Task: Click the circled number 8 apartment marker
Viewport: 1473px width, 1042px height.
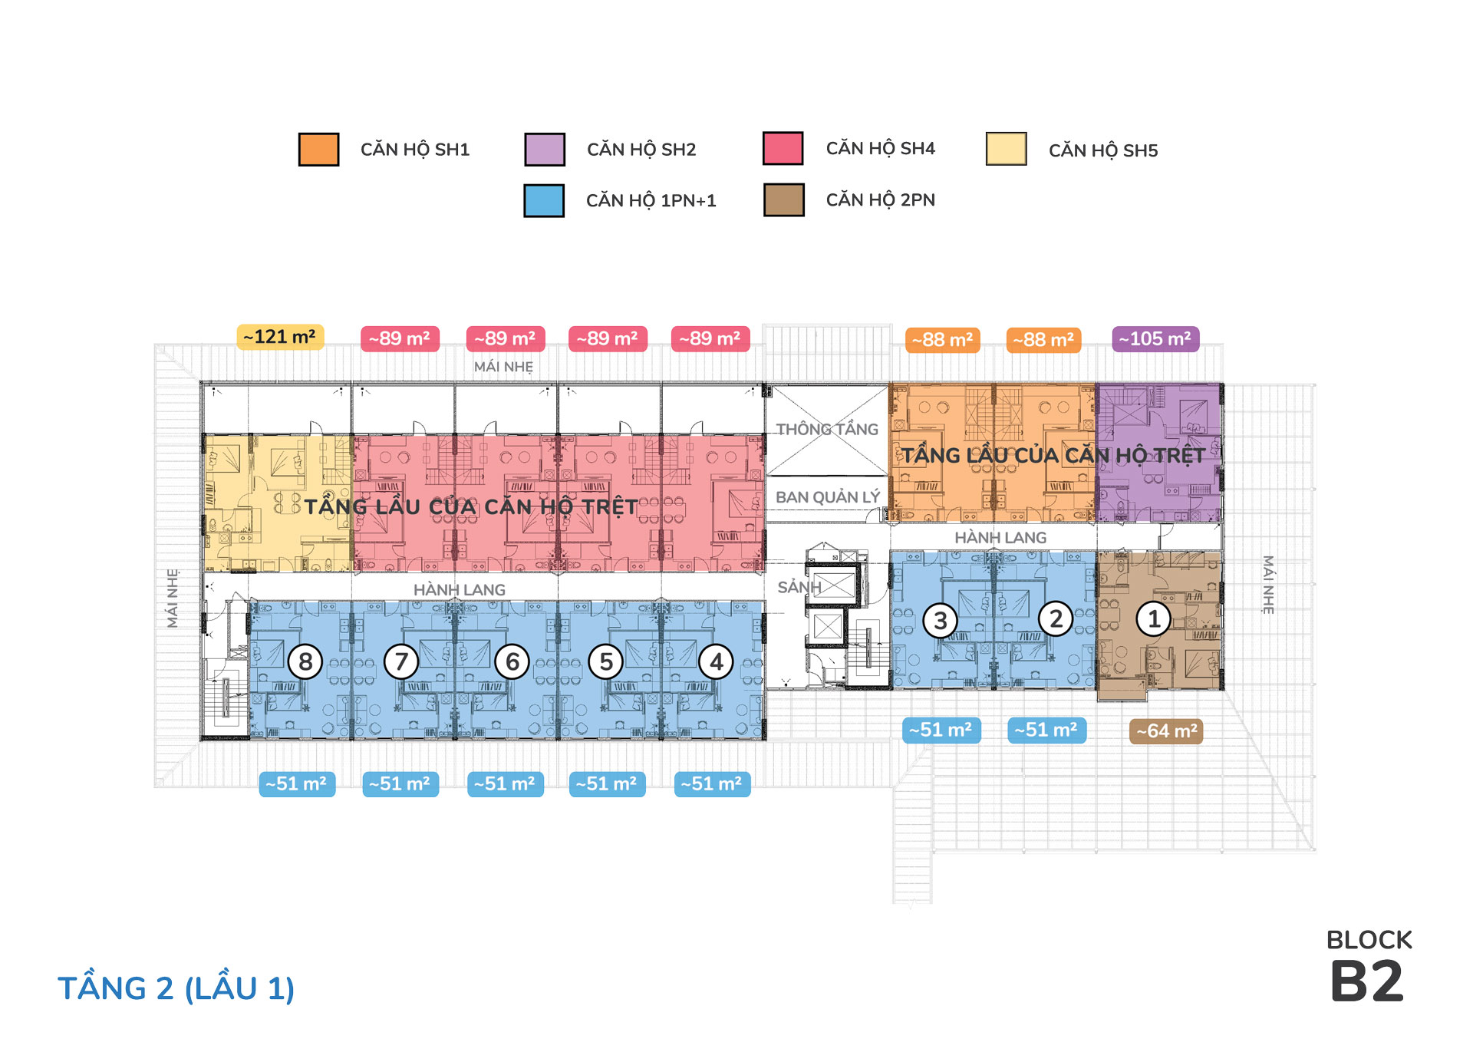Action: (305, 661)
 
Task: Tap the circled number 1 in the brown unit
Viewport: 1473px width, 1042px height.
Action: (1153, 618)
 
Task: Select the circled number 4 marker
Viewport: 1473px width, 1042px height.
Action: (717, 661)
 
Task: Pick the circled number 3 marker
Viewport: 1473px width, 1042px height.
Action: (941, 620)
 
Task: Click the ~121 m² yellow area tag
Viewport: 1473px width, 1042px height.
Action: (280, 337)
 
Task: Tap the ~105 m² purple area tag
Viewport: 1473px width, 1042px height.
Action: (1155, 338)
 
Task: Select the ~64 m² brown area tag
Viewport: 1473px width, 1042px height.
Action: (1166, 730)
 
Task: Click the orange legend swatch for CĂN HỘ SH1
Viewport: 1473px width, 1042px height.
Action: (318, 149)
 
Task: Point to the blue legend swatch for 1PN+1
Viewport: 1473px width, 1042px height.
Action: (544, 200)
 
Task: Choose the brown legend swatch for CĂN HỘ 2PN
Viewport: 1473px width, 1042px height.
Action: (784, 199)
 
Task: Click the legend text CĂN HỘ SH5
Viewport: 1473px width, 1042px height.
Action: (1103, 150)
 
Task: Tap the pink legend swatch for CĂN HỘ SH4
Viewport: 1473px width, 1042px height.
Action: (783, 148)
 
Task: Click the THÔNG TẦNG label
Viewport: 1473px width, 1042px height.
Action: (827, 429)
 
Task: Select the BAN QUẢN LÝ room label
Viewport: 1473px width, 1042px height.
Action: (828, 497)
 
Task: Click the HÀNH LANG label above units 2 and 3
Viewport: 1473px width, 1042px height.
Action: (1000, 538)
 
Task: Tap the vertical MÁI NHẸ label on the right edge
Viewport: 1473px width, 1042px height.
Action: (1268, 585)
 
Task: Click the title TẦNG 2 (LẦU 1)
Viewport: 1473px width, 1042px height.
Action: (176, 988)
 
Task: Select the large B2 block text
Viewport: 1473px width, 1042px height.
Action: (1367, 981)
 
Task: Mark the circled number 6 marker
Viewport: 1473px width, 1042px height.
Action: (512, 661)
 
